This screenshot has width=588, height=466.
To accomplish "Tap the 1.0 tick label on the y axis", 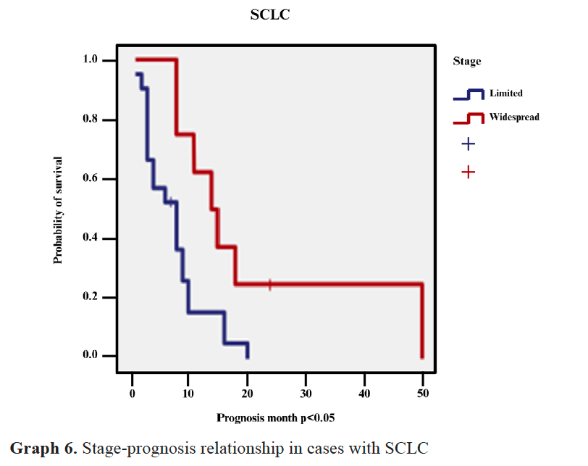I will click(91, 60).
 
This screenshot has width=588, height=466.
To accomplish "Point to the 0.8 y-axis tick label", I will click(91, 120).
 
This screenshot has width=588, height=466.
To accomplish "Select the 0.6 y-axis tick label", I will click(91, 179).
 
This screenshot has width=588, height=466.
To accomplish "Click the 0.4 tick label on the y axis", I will click(91, 238).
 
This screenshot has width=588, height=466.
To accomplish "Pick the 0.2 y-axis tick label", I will click(91, 297).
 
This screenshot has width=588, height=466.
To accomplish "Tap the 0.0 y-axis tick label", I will click(91, 356).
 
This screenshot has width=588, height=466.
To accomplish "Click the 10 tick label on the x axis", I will click(189, 393).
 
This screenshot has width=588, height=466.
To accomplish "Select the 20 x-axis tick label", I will click(248, 393).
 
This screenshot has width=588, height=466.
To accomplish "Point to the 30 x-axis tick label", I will click(306, 393).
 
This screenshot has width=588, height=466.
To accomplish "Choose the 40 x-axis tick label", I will click(364, 393).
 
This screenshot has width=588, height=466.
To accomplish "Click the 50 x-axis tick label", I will click(423, 393).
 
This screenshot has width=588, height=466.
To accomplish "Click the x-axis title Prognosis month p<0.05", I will click(275, 418).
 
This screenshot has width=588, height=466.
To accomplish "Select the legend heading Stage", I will click(466, 62).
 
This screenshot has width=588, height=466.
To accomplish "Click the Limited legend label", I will click(505, 93).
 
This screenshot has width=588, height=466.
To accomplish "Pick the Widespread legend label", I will click(514, 117).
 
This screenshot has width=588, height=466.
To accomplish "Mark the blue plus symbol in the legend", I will click(468, 144).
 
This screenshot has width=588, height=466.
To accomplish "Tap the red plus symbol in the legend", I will click(468, 172).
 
